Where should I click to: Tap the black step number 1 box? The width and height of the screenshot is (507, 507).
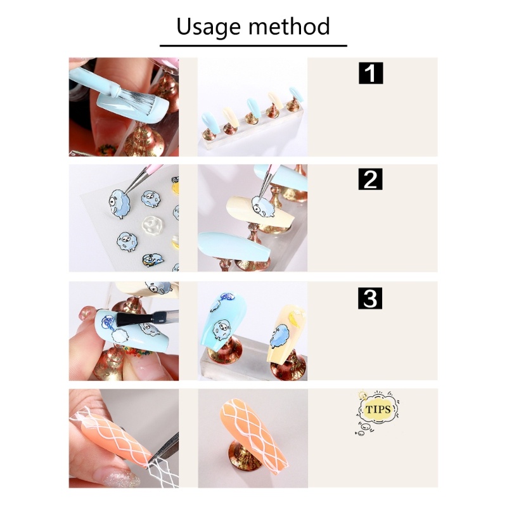pos(371,73)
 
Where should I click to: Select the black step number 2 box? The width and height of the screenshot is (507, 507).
pos(370,179)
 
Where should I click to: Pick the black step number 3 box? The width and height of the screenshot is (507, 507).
pos(370,298)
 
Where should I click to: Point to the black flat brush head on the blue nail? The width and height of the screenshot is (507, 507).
pos(131,319)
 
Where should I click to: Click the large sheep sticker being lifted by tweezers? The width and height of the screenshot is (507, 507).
pos(120,203)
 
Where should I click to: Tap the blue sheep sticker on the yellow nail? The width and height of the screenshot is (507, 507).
pos(280,337)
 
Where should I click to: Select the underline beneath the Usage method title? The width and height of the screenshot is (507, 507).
pos(253,46)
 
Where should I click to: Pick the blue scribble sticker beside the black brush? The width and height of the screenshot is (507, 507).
pos(106,322)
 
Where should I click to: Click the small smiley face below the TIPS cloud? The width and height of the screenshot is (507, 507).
pos(362,432)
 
